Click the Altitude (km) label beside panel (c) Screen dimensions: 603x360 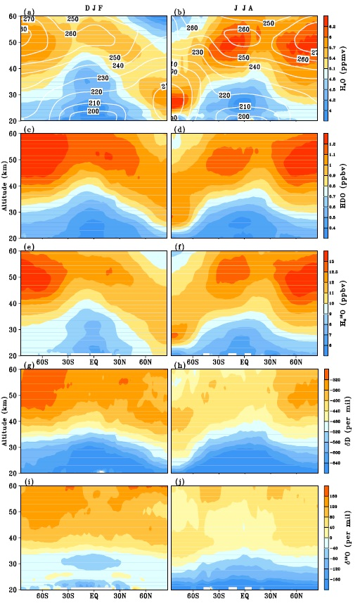tap(7, 185)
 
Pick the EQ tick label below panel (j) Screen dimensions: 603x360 tap(244, 595)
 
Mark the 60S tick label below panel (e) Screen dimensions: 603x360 tap(41, 361)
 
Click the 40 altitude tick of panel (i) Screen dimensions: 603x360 tap(16, 538)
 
